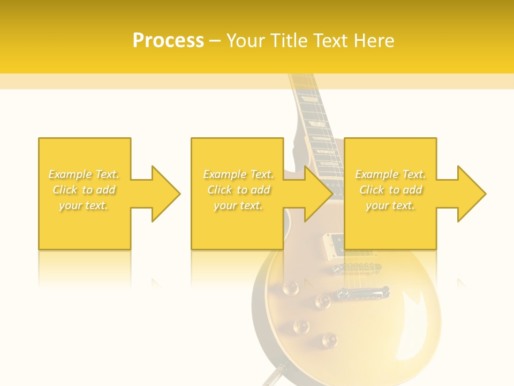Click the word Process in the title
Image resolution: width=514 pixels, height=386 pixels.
click(x=168, y=40)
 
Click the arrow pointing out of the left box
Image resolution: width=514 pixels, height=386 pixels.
click(x=161, y=194)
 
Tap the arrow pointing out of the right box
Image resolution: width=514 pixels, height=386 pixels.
click(x=466, y=194)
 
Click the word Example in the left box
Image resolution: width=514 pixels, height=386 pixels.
click(x=70, y=174)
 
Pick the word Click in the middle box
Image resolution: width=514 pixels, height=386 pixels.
click(x=220, y=190)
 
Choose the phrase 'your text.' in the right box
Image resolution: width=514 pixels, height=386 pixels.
click(x=390, y=205)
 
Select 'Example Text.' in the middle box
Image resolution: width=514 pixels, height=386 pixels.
click(x=238, y=174)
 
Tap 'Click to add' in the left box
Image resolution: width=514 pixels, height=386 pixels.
click(x=84, y=190)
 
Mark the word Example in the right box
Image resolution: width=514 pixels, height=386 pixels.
click(x=376, y=174)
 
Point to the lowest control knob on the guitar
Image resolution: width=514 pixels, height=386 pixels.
click(x=329, y=339)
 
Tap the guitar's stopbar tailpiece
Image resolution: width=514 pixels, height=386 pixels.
click(x=362, y=293)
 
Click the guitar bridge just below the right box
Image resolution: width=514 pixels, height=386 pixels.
click(x=357, y=266)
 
